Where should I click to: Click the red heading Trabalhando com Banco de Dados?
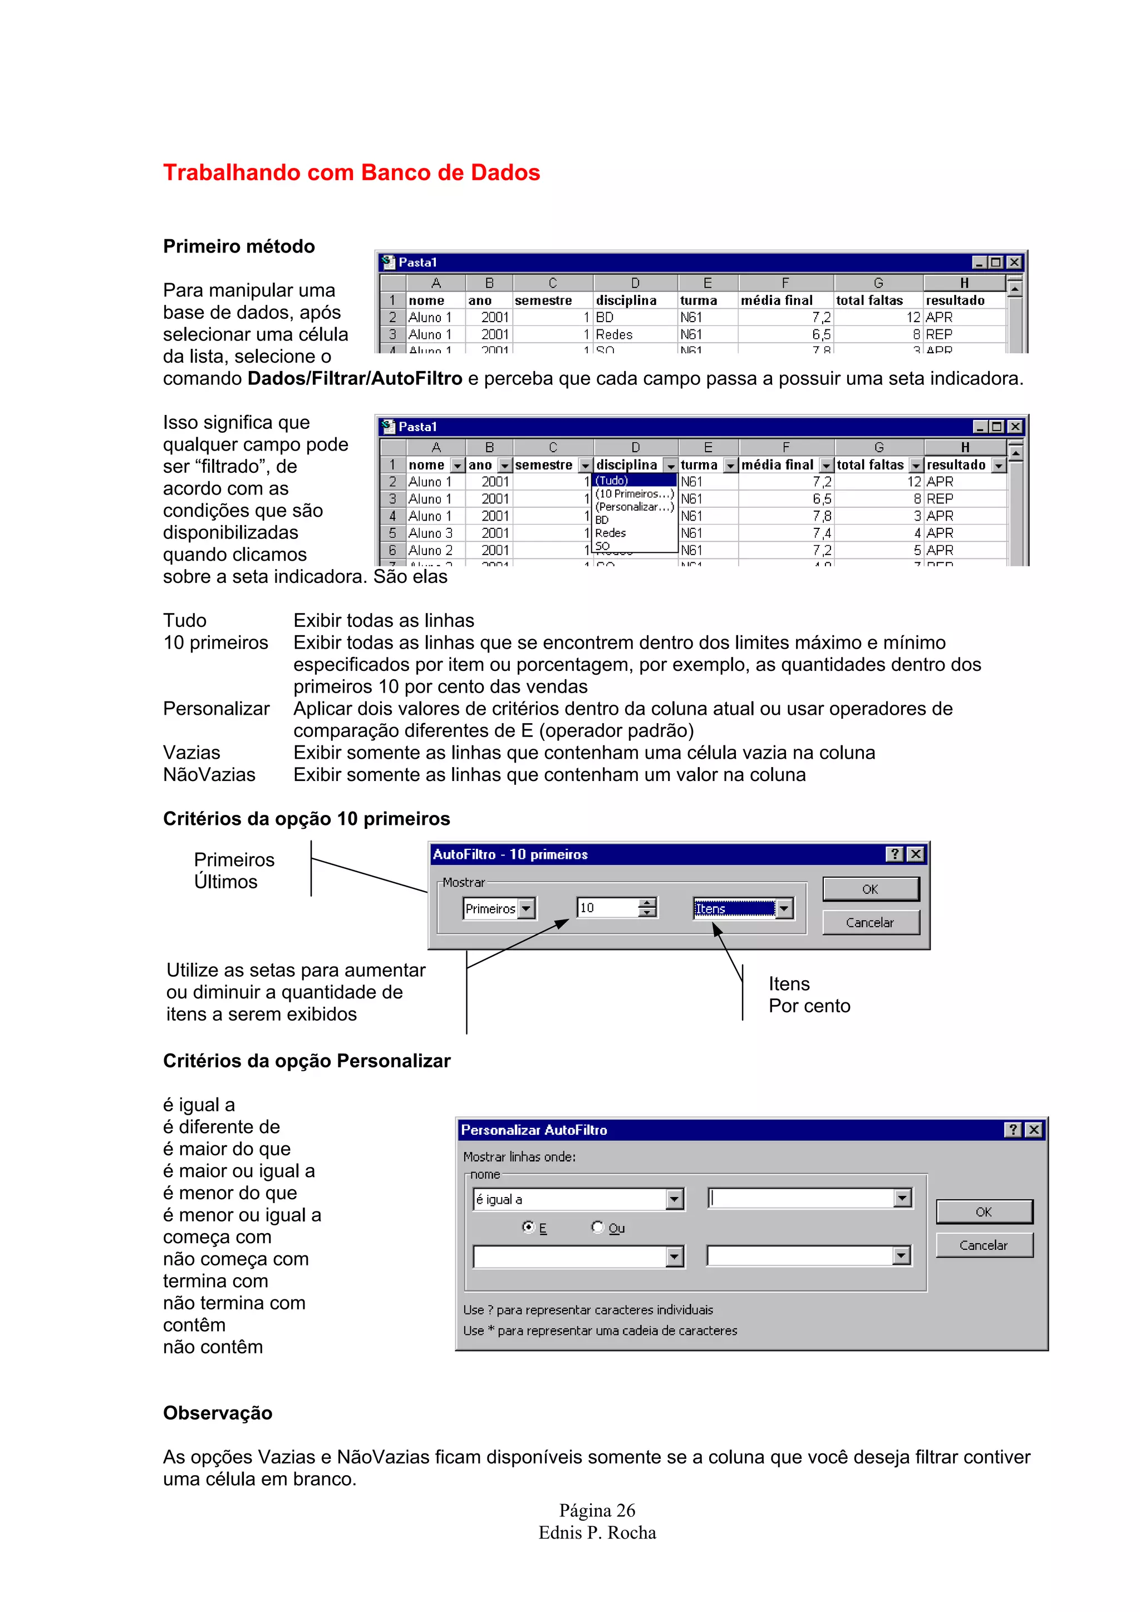pyautogui.click(x=351, y=172)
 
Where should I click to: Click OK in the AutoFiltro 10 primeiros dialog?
pyautogui.click(x=870, y=889)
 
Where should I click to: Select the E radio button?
pyautogui.click(x=528, y=1227)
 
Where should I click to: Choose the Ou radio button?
pyautogui.click(x=597, y=1227)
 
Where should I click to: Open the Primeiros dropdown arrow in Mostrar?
pyautogui.click(x=526, y=908)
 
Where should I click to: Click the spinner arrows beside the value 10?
pyautogui.click(x=647, y=908)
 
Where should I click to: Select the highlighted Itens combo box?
pyautogui.click(x=734, y=908)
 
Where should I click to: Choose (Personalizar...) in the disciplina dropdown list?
pyautogui.click(x=634, y=507)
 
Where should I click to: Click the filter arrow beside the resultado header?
pyautogui.click(x=998, y=466)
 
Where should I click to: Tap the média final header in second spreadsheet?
pyautogui.click(x=777, y=465)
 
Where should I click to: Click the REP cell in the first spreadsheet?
pyautogui.click(x=939, y=335)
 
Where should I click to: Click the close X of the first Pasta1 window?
pyautogui.click(x=1014, y=263)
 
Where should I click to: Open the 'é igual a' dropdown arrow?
pyautogui.click(x=674, y=1199)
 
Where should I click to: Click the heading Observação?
pyautogui.click(x=218, y=1413)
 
